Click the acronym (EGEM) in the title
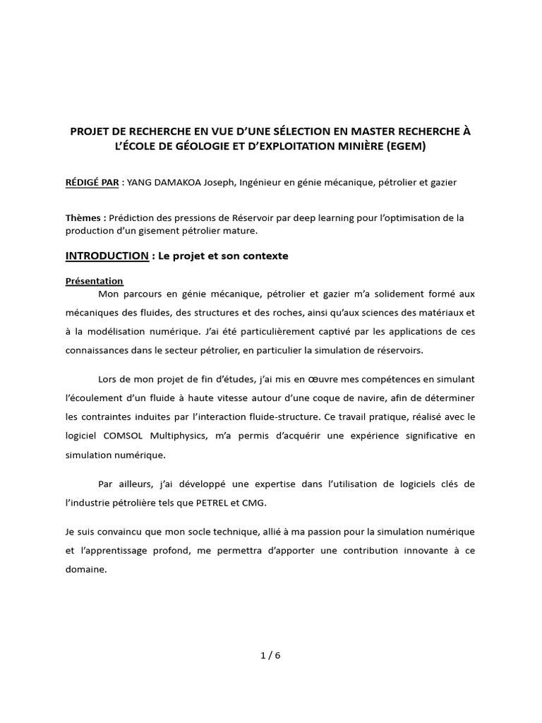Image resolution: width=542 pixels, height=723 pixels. tap(404, 146)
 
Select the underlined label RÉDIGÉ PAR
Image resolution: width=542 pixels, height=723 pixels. tap(91, 182)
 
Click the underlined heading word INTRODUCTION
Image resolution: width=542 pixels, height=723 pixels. tap(107, 256)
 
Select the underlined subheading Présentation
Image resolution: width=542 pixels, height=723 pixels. tap(94, 280)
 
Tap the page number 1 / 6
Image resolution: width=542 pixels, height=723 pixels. tap(270, 655)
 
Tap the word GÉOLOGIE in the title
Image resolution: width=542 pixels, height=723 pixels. tap(183, 146)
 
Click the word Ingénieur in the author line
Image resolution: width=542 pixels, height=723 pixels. tap(263, 182)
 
